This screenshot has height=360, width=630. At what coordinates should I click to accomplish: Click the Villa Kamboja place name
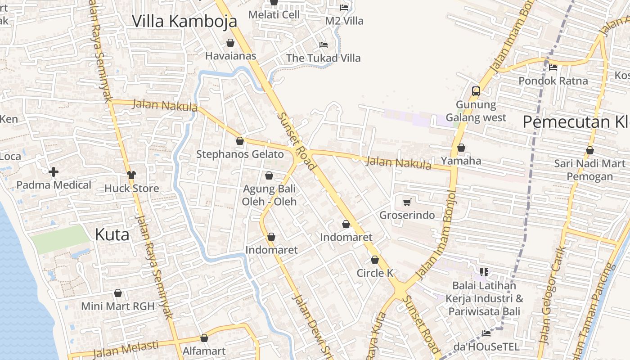pyautogui.click(x=184, y=21)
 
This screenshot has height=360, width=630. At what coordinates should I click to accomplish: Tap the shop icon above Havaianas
pyautogui.click(x=230, y=43)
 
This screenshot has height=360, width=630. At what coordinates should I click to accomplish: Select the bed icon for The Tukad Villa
pyautogui.click(x=323, y=45)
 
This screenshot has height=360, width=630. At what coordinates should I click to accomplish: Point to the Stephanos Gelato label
pyautogui.click(x=240, y=154)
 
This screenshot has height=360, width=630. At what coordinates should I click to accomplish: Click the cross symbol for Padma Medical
pyautogui.click(x=54, y=172)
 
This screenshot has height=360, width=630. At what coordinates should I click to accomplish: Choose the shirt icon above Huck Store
pyautogui.click(x=131, y=175)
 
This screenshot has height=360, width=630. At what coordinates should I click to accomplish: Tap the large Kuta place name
pyautogui.click(x=112, y=234)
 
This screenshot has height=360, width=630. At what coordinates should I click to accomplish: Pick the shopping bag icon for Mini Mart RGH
pyautogui.click(x=118, y=293)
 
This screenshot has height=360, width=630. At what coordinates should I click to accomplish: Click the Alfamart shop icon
pyautogui.click(x=204, y=338)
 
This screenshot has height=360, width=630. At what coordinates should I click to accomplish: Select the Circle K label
pyautogui.click(x=375, y=273)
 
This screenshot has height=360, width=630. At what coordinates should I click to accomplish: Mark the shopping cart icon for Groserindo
pyautogui.click(x=407, y=202)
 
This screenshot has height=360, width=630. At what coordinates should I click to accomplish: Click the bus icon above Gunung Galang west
pyautogui.click(x=476, y=91)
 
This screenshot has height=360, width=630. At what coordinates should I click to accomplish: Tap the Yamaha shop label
pyautogui.click(x=461, y=161)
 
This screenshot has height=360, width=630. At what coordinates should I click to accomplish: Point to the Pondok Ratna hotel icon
pyautogui.click(x=553, y=67)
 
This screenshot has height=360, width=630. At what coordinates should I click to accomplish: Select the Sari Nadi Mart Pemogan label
pyautogui.click(x=589, y=170)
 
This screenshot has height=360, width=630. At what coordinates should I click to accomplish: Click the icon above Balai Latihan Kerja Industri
pyautogui.click(x=484, y=272)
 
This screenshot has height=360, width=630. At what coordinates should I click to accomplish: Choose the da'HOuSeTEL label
pyautogui.click(x=486, y=347)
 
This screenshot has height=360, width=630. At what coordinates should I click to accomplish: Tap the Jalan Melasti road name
pyautogui.click(x=126, y=349)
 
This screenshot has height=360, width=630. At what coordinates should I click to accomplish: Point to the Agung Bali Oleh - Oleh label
pyautogui.click(x=269, y=195)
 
